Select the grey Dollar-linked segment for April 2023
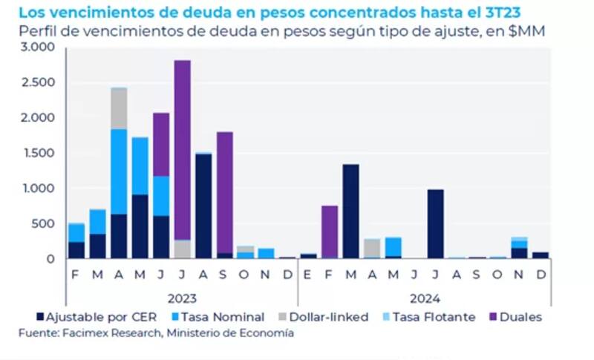coord(118,108)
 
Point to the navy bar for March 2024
coord(350,212)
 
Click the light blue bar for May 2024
coord(393,246)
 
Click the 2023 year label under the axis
coord(181,298)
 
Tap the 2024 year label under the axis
coord(424,298)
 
